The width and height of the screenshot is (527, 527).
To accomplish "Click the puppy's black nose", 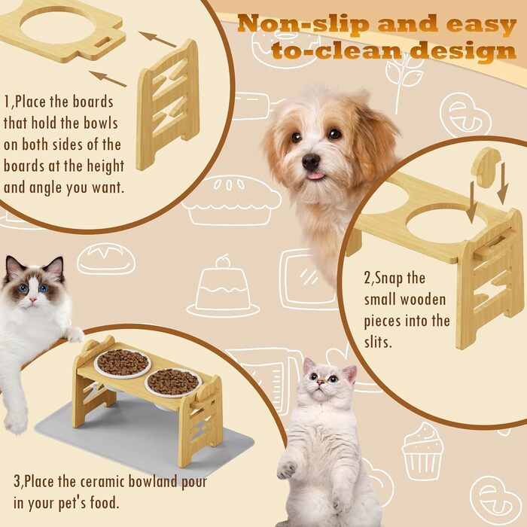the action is click(x=310, y=162).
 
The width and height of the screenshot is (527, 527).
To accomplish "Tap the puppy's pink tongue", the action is click(x=316, y=175).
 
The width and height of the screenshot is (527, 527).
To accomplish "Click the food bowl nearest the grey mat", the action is click(x=173, y=382).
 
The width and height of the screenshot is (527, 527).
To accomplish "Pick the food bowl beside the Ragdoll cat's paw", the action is click(x=122, y=363).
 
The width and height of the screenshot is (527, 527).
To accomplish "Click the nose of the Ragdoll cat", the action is click(x=32, y=299).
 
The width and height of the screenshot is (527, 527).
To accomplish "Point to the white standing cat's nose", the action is click(x=321, y=382).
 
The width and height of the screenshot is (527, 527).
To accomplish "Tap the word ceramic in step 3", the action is click(x=102, y=481).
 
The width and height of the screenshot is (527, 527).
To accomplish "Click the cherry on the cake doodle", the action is click(x=222, y=262).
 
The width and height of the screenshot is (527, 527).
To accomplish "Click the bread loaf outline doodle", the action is click(x=106, y=258).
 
